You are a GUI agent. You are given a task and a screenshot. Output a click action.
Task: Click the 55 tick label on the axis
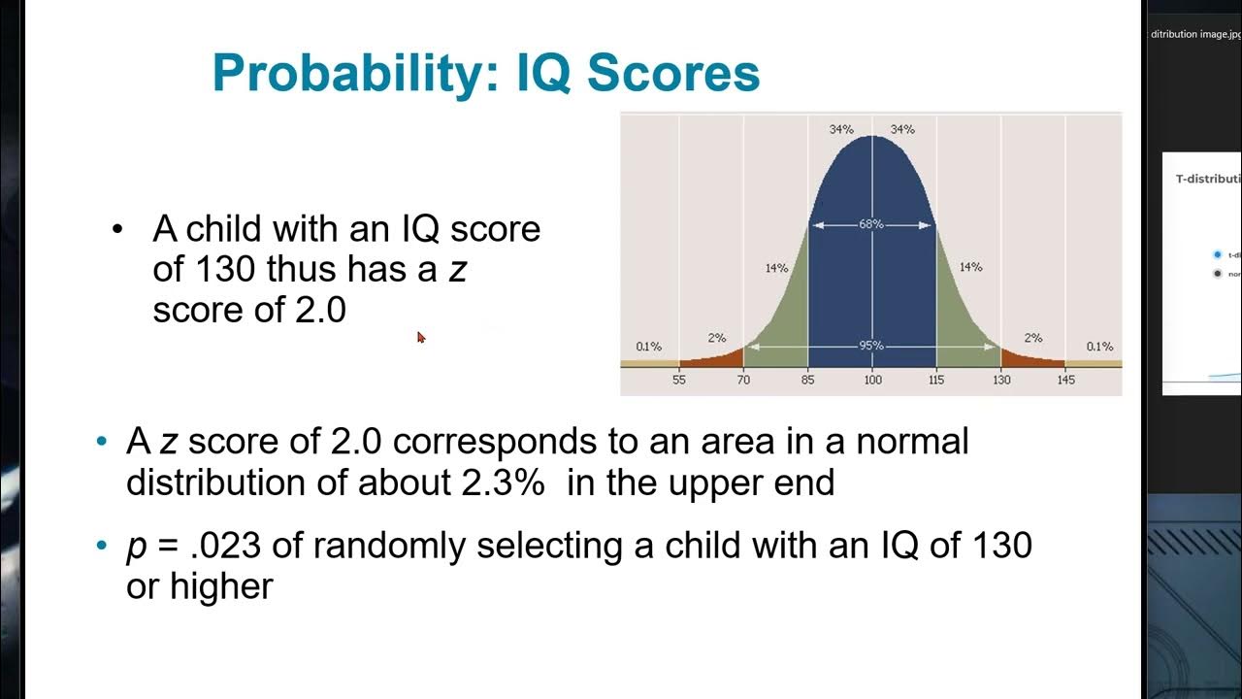pos(678,380)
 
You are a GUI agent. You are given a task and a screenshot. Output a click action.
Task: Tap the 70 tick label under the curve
pos(743,380)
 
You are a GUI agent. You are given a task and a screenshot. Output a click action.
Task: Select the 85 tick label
pos(807,380)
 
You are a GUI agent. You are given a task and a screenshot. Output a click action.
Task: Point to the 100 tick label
pos(872,380)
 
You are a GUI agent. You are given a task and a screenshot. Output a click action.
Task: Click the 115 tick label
pos(936,380)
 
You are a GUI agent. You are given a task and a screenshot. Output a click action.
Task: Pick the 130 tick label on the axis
pos(1000,380)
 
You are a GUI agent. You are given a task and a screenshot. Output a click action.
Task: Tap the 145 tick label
pos(1065,380)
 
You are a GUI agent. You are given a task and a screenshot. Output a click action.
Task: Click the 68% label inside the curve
pos(871,224)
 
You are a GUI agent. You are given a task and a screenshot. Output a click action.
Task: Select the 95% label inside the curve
pos(871,346)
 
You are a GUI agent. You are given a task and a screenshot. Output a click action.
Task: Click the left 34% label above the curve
pos(840,129)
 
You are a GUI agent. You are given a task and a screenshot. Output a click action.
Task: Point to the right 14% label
pos(970,267)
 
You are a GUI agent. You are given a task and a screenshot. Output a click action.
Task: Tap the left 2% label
pos(716,338)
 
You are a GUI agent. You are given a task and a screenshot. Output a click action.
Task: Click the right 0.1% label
pos(1099,347)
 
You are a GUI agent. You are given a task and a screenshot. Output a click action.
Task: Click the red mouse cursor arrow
pos(421,337)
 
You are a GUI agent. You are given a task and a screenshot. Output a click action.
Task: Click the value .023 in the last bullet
pos(226,546)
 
